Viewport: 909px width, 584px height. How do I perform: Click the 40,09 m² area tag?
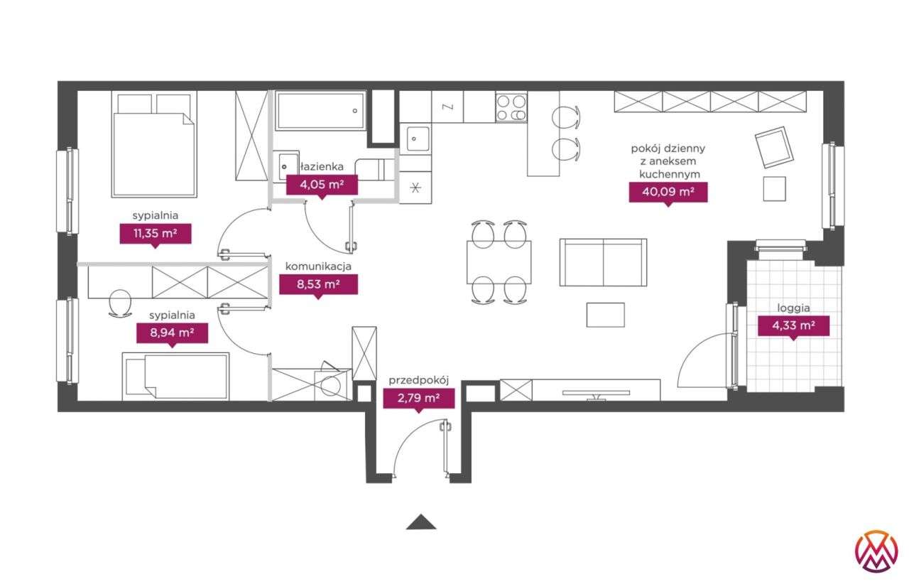click(x=668, y=192)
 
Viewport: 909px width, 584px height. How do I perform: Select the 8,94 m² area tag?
click(x=172, y=332)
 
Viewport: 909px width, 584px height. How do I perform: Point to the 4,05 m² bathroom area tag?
click(x=322, y=185)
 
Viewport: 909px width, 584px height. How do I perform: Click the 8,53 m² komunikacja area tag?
click(x=318, y=285)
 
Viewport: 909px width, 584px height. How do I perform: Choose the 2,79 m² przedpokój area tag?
click(x=419, y=398)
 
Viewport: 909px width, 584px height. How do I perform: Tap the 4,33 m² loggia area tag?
click(x=793, y=326)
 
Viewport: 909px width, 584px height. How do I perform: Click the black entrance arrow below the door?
click(x=421, y=522)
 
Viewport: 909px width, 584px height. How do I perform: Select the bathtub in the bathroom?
click(x=320, y=111)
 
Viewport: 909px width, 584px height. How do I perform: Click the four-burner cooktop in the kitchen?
click(x=511, y=107)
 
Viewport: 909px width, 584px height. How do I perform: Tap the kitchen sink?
click(x=417, y=138)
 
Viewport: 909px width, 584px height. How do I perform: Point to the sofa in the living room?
click(x=603, y=262)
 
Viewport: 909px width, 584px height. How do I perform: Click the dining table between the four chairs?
click(x=499, y=261)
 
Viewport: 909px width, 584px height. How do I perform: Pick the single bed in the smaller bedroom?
click(x=176, y=377)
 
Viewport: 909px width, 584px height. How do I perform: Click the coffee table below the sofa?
click(x=605, y=315)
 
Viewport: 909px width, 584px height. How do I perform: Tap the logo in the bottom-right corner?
click(x=876, y=551)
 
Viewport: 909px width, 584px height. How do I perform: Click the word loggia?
click(x=793, y=308)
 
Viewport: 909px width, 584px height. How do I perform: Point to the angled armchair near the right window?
click(x=773, y=147)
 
